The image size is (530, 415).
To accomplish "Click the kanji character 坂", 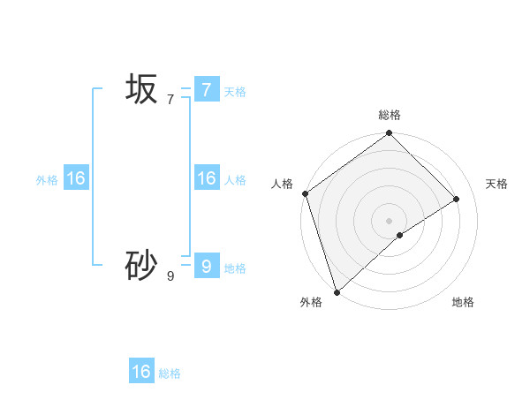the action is [141, 89].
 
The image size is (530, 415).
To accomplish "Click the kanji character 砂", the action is [141, 266].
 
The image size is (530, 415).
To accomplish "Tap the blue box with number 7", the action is [206, 89].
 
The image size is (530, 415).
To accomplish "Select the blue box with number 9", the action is [206, 266].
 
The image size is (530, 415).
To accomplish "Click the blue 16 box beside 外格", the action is [76, 178].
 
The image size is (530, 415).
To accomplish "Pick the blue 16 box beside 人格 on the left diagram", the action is [206, 178].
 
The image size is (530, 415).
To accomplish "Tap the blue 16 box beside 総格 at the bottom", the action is [141, 372].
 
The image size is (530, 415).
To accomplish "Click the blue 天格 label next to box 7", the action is [235, 91].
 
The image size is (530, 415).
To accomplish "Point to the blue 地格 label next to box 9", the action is [235, 268].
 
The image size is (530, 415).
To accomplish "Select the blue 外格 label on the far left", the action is [47, 180].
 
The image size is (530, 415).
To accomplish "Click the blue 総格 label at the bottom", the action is [170, 373].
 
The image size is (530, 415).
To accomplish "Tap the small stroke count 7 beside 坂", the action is [170, 100].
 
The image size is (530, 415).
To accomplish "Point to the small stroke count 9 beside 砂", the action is [170, 276].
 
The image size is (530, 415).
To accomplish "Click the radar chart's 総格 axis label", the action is [390, 115].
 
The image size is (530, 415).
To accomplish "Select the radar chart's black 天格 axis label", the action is [496, 184].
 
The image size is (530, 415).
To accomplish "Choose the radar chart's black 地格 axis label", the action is [463, 303].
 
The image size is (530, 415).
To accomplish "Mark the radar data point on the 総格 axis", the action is [390, 133].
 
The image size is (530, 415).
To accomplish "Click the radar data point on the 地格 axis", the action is [400, 235].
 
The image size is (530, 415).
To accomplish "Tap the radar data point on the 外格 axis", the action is [337, 291].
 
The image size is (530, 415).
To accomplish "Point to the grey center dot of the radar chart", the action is [390, 220].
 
